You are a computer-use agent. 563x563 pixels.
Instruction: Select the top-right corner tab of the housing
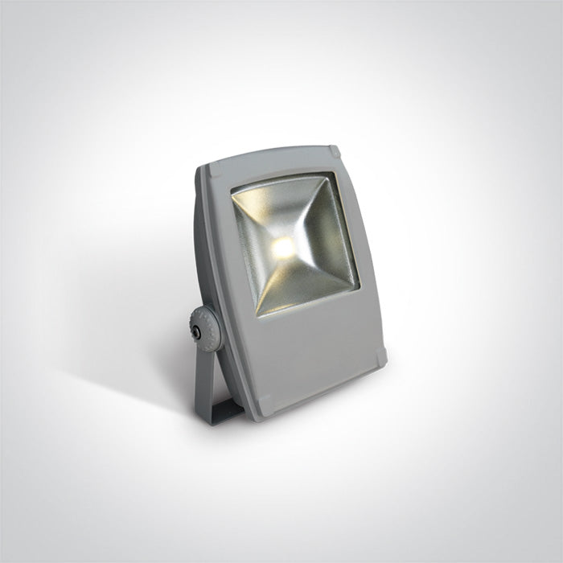pyautogui.click(x=333, y=151)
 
